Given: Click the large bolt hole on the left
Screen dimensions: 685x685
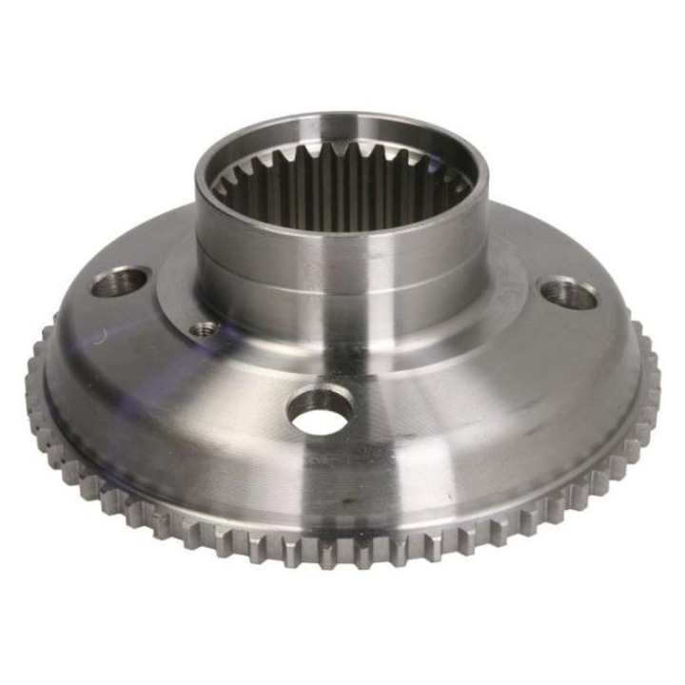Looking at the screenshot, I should pyautogui.click(x=122, y=282).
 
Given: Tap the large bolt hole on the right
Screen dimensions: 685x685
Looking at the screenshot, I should pyautogui.click(x=567, y=292).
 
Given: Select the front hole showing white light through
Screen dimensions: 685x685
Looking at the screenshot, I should pyautogui.click(x=320, y=414).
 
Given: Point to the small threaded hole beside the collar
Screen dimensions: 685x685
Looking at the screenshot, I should pyautogui.click(x=204, y=329).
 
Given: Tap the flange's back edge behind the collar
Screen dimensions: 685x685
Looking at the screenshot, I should pyautogui.click(x=533, y=228).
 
